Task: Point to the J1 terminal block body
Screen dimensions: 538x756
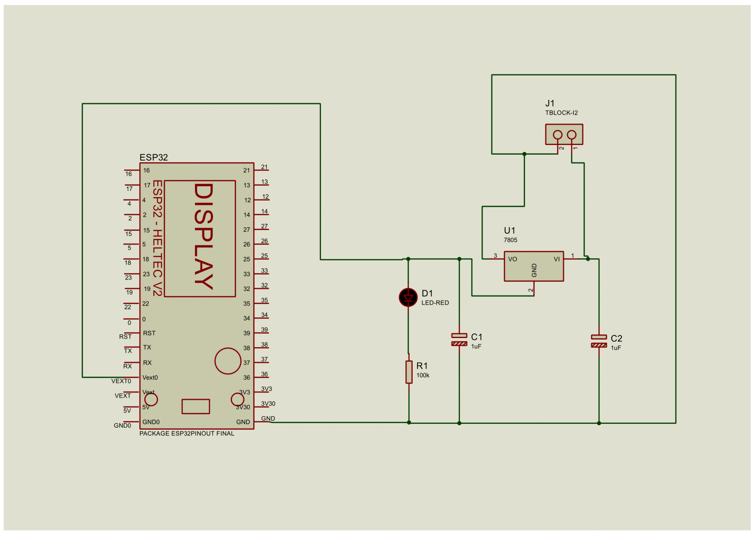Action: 564,134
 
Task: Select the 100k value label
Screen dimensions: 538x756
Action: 423,375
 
